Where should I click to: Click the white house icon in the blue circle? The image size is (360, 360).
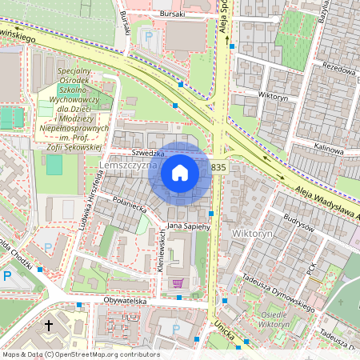pyautogui.click(x=180, y=172)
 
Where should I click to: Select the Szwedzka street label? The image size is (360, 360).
pyautogui.click(x=148, y=153)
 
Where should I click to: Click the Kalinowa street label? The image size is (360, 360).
pyautogui.click(x=328, y=149)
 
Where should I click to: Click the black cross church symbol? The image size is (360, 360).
pyautogui.click(x=49, y=326)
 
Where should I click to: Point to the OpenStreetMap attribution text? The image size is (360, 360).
pyautogui.click(x=81, y=354)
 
